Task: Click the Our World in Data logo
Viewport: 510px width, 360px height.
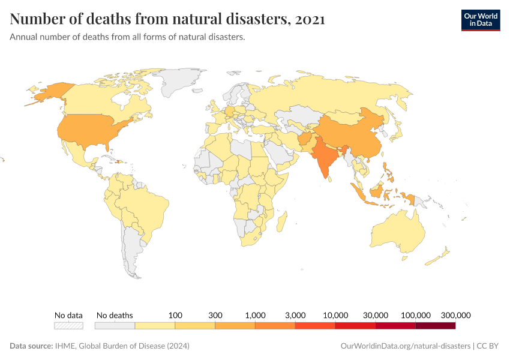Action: pyautogui.click(x=480, y=20)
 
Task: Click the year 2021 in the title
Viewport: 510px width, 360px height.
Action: pyautogui.click(x=310, y=19)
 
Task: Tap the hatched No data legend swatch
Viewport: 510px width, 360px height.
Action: pyautogui.click(x=68, y=326)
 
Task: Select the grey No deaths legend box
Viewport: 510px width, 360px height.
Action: pyautogui.click(x=115, y=326)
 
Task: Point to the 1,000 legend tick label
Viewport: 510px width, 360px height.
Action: pyautogui.click(x=256, y=315)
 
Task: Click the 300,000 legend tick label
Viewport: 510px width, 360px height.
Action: pyautogui.click(x=455, y=315)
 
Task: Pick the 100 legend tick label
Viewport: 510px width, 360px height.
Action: pyautogui.click(x=175, y=315)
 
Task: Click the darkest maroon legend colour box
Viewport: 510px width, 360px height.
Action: pyautogui.click(x=435, y=326)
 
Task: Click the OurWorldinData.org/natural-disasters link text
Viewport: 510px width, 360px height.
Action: pyautogui.click(x=405, y=346)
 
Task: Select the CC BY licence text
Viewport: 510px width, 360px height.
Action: pyautogui.click(x=488, y=346)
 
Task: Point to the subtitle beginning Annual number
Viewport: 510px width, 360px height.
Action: pyautogui.click(x=127, y=37)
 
